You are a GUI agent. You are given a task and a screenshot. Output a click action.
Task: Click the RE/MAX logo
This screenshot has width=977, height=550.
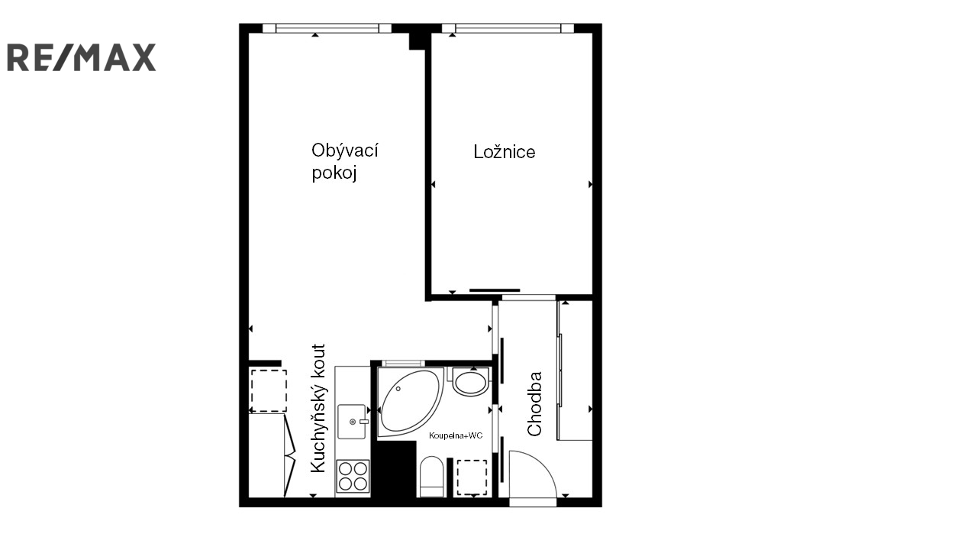(x=82, y=57)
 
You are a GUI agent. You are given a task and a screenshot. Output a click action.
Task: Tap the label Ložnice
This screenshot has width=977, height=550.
(x=505, y=152)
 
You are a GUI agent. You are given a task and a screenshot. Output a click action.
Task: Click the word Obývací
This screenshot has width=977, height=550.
(x=344, y=151)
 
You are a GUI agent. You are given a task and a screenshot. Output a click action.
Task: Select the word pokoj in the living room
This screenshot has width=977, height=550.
(x=334, y=173)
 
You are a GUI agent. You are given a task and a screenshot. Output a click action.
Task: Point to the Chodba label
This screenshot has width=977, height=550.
(x=534, y=404)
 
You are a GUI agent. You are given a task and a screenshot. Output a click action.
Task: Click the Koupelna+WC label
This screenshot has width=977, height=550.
(x=456, y=435)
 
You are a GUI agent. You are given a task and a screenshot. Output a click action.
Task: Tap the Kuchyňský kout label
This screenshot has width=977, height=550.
(x=318, y=408)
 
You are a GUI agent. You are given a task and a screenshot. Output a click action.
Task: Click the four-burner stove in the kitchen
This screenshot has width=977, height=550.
(x=353, y=476)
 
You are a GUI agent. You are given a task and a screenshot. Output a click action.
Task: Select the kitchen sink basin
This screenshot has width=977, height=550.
(x=352, y=421)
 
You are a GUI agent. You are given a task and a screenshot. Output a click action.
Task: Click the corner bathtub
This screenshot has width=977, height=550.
(x=411, y=403)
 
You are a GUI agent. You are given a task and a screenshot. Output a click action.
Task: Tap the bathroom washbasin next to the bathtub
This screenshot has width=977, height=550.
(x=470, y=382)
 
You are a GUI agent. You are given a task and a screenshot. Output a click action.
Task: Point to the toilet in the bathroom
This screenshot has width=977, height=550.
(x=431, y=477)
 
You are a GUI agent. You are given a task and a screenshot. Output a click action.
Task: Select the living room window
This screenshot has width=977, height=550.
(x=327, y=28)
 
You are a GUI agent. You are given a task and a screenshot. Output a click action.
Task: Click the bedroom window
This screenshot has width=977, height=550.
(x=508, y=28)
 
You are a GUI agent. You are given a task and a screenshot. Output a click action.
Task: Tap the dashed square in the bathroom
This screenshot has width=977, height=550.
(x=472, y=477)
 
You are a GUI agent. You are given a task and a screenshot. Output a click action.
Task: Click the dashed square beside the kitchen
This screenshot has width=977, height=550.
(x=268, y=390)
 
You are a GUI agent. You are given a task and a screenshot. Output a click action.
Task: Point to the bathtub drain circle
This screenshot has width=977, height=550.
(x=398, y=389)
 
